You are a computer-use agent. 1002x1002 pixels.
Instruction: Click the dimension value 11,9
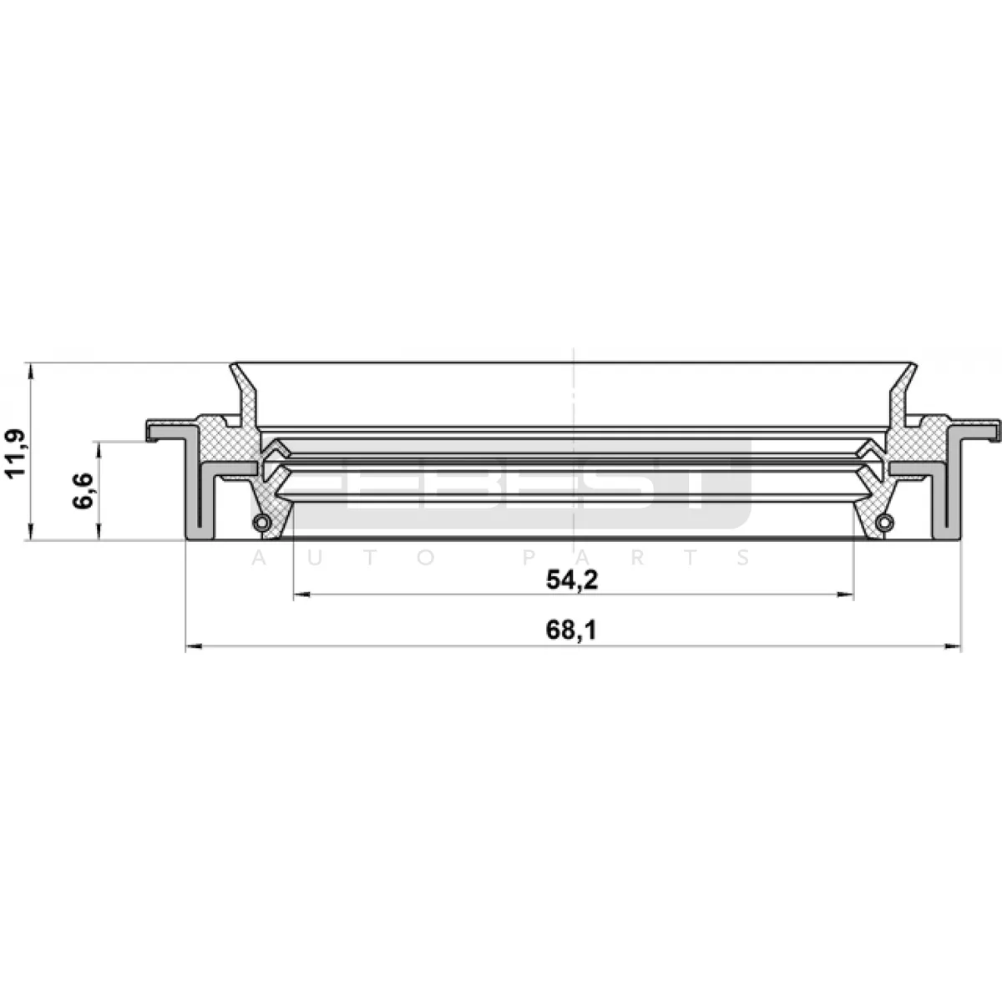point(14,452)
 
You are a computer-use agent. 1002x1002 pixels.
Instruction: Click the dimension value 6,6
point(83,491)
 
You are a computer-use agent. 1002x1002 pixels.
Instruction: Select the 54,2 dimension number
point(572,579)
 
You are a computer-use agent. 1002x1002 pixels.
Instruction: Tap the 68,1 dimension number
point(571,630)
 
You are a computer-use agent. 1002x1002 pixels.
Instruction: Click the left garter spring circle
point(261,522)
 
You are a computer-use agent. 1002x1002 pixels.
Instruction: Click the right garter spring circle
point(884,522)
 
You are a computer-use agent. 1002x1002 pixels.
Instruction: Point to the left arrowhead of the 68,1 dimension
point(194,646)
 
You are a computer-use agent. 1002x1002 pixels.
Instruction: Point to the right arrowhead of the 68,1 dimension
point(953,646)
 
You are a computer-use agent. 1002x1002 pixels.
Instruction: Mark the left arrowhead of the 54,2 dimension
point(301,595)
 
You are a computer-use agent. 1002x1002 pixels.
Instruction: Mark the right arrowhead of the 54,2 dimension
point(846,595)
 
